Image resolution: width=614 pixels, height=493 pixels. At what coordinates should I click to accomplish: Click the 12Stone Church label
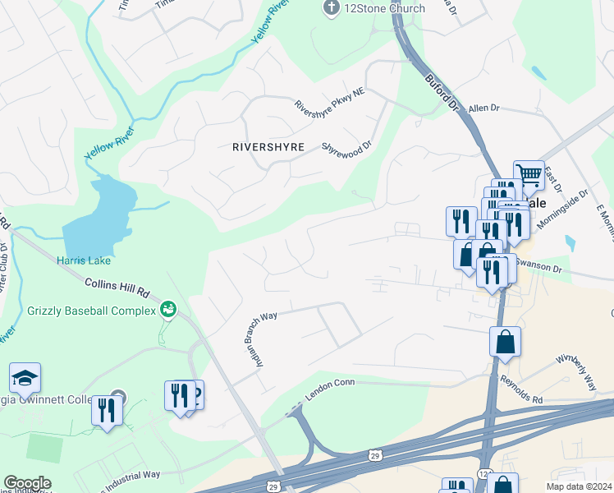[384, 9]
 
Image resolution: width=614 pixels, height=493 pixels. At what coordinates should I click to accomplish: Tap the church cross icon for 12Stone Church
[331, 9]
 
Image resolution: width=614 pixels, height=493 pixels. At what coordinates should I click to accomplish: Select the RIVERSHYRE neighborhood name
[268, 147]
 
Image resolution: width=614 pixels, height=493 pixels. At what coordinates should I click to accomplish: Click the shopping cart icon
[529, 173]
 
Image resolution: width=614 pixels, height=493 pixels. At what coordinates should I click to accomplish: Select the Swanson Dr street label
[538, 268]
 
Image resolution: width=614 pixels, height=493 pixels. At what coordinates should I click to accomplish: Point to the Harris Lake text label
[84, 261]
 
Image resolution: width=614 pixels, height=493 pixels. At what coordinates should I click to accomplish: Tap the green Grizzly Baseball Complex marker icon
[168, 309]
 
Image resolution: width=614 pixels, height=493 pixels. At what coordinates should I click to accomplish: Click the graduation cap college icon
[25, 378]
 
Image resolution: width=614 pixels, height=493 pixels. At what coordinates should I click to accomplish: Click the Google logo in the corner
[27, 483]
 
